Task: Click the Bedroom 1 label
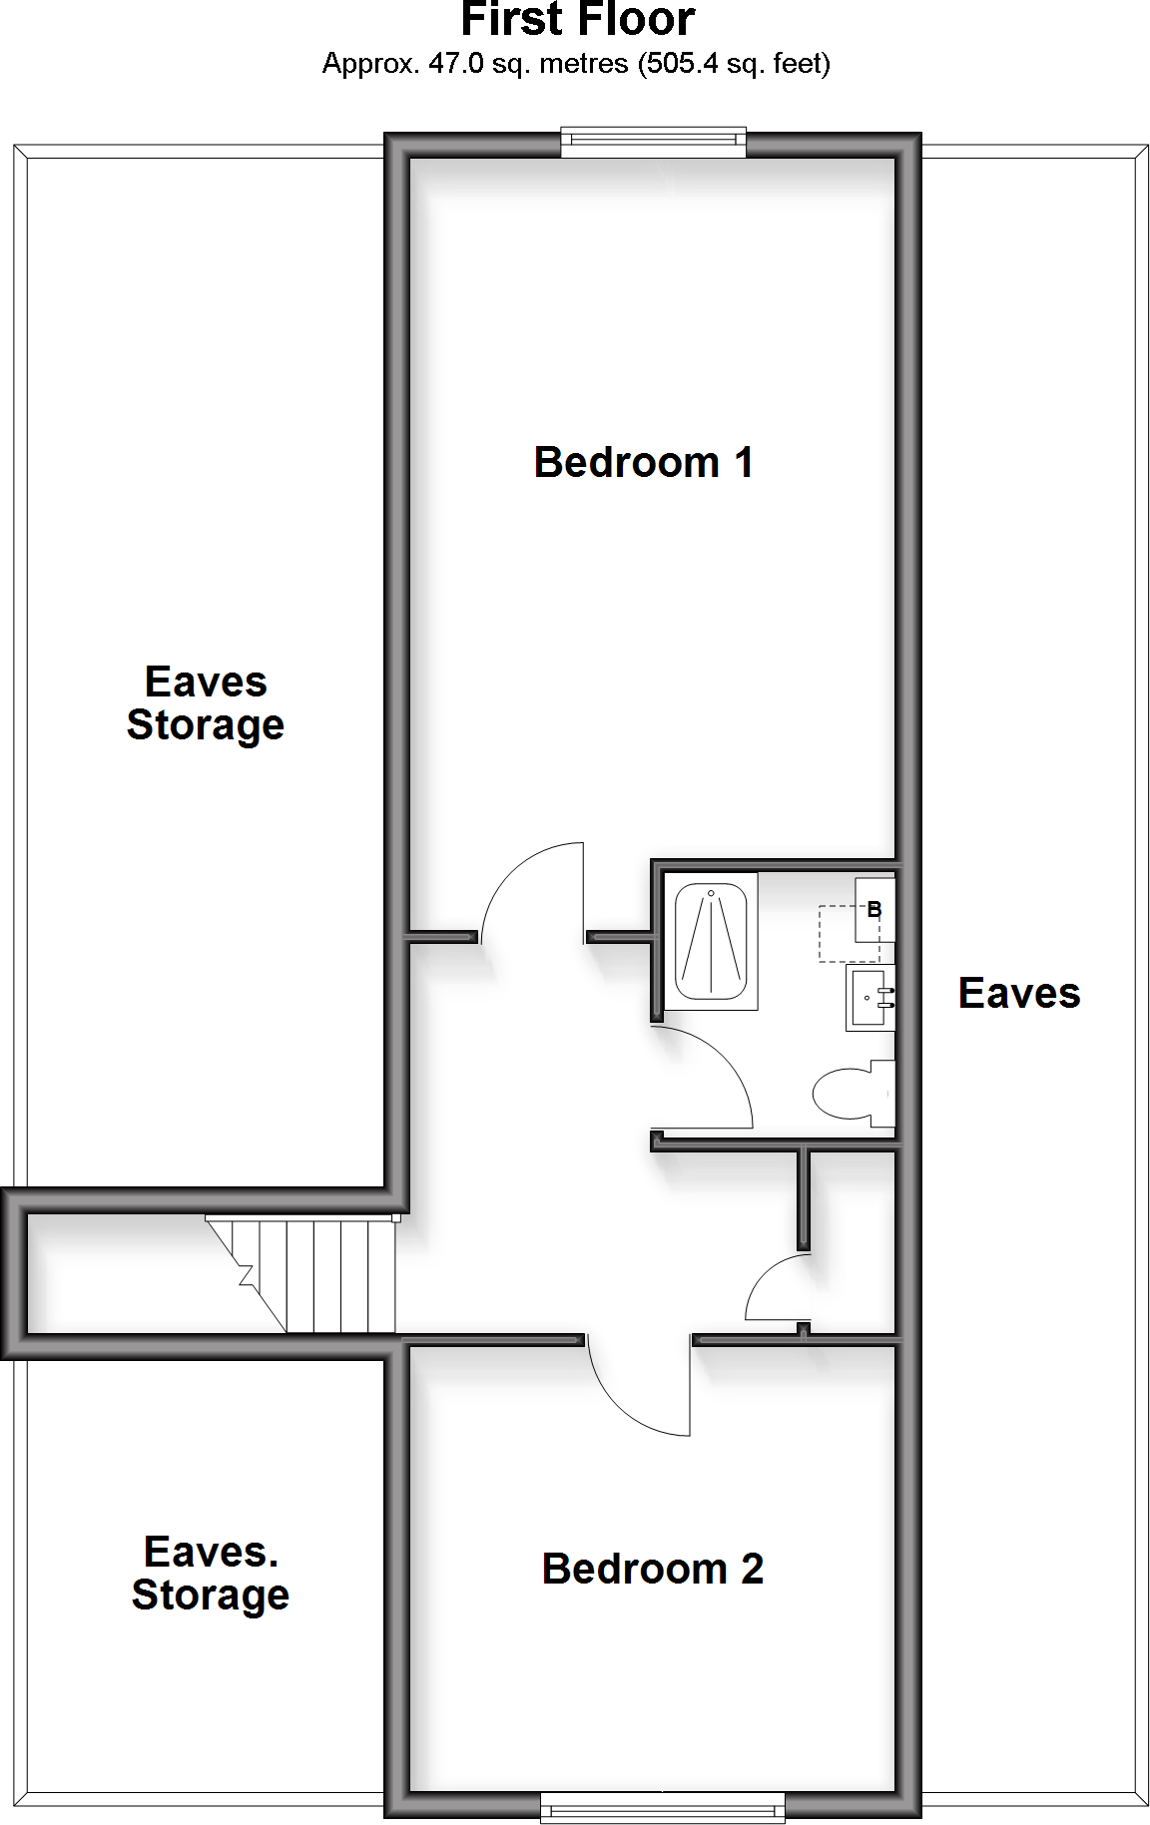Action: coord(643,463)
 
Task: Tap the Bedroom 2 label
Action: coord(652,1570)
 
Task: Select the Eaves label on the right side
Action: coord(1018,994)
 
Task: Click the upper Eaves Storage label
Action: coord(206,703)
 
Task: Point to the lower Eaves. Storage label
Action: coord(211,1574)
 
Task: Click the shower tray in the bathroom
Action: coord(711,942)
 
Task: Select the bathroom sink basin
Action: coord(870,997)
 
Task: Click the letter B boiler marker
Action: coord(874,910)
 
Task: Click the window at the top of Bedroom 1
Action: coord(653,143)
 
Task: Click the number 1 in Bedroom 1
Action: coord(743,463)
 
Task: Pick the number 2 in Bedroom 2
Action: coord(752,1570)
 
